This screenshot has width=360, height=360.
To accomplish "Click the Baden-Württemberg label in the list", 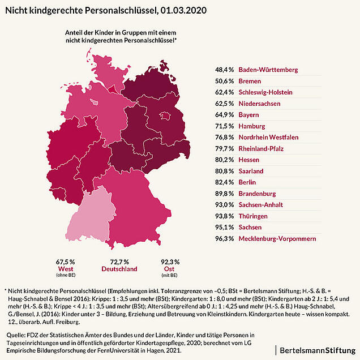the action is coord(268,70).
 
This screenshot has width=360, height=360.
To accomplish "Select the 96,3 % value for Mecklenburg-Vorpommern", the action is coord(224,239).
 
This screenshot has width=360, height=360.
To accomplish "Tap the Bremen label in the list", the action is coord(250,81).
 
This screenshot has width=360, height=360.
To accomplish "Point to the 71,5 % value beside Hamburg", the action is coord(224,126).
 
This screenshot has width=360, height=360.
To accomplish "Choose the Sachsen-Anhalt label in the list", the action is coord(260,205).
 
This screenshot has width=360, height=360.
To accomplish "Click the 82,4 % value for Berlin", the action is coord(224,182).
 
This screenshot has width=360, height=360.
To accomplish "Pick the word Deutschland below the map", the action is coord(119,269).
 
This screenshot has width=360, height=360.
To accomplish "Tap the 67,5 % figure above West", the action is coord(66,262).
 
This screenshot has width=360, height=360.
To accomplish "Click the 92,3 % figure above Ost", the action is coord(170,262).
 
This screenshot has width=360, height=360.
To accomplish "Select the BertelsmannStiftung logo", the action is coord(318,350).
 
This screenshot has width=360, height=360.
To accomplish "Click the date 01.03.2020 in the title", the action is coord(183,10).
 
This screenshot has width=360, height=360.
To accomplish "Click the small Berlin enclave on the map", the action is coord(165,116).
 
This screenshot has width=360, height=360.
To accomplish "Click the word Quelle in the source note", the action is coord(15,335).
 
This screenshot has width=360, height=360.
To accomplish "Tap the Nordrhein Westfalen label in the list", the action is coord(268,138).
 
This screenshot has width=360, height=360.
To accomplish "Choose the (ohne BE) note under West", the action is coord(66,275).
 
